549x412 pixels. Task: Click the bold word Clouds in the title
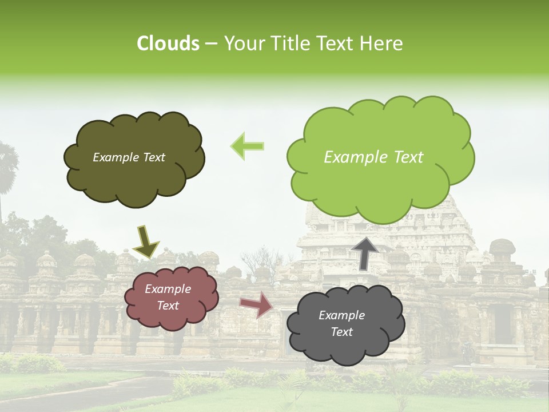[168, 43]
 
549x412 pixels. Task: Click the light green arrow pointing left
[247, 146]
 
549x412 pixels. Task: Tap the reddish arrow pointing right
[256, 304]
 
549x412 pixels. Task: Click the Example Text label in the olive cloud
[129, 157]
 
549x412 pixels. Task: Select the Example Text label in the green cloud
[373, 157]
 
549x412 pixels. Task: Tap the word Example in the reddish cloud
[168, 290]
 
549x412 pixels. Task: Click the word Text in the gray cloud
[341, 332]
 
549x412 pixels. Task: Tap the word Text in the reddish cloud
[168, 306]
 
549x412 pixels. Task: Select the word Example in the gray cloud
[341, 315]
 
